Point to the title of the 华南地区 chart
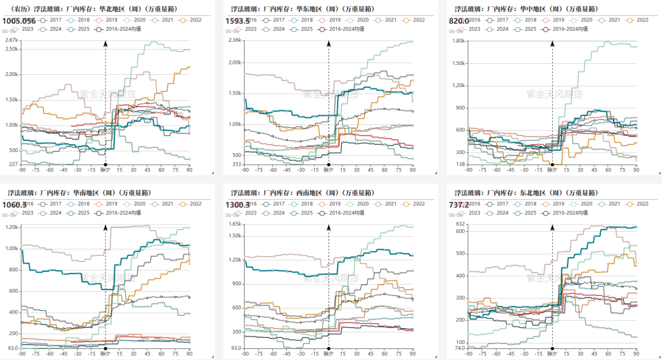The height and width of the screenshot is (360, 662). click(x=61, y=193)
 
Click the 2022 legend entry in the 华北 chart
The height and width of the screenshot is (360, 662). click(x=193, y=20)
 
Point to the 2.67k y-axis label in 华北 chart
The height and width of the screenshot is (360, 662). click(x=11, y=40)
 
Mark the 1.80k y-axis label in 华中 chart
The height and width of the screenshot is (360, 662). click(x=458, y=40)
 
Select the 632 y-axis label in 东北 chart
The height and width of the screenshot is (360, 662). click(x=461, y=224)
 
